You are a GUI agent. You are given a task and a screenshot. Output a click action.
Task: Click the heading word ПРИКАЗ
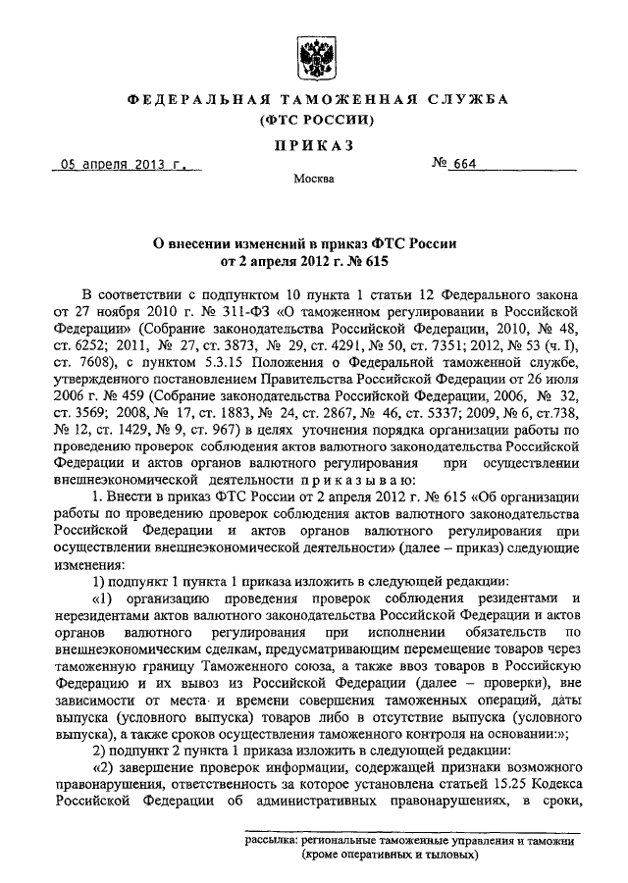tap(313, 146)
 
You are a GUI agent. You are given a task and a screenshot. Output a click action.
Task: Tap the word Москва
tap(313, 180)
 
